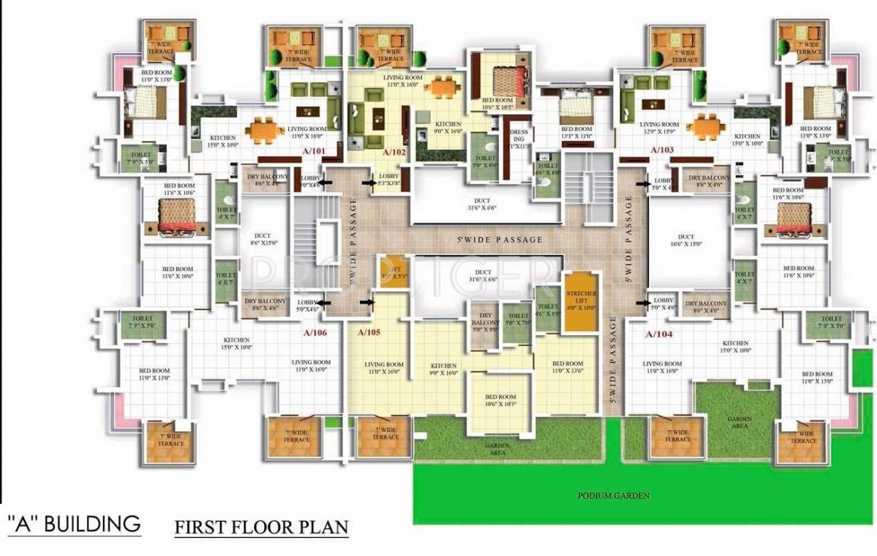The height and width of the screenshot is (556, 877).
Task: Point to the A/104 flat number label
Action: point(658,334)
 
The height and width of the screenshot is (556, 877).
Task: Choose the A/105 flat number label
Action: point(370,333)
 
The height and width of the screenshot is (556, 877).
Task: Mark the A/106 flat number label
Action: point(315,334)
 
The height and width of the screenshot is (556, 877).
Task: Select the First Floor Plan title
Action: point(261,526)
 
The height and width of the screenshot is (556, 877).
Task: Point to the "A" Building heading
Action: point(73,523)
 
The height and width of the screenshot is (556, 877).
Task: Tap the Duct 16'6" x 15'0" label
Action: point(685,240)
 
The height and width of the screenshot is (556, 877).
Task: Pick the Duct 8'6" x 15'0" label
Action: point(262,240)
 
